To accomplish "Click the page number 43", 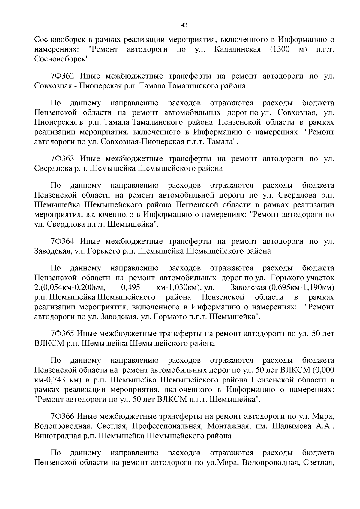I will point(184,25).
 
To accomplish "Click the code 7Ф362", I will point(62,76).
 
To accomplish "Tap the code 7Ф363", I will point(62,159).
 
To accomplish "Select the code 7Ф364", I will point(62,242).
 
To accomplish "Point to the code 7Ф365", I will point(62,334).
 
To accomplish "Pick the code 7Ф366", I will point(62,416).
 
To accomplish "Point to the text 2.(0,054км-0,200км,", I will point(70,288).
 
